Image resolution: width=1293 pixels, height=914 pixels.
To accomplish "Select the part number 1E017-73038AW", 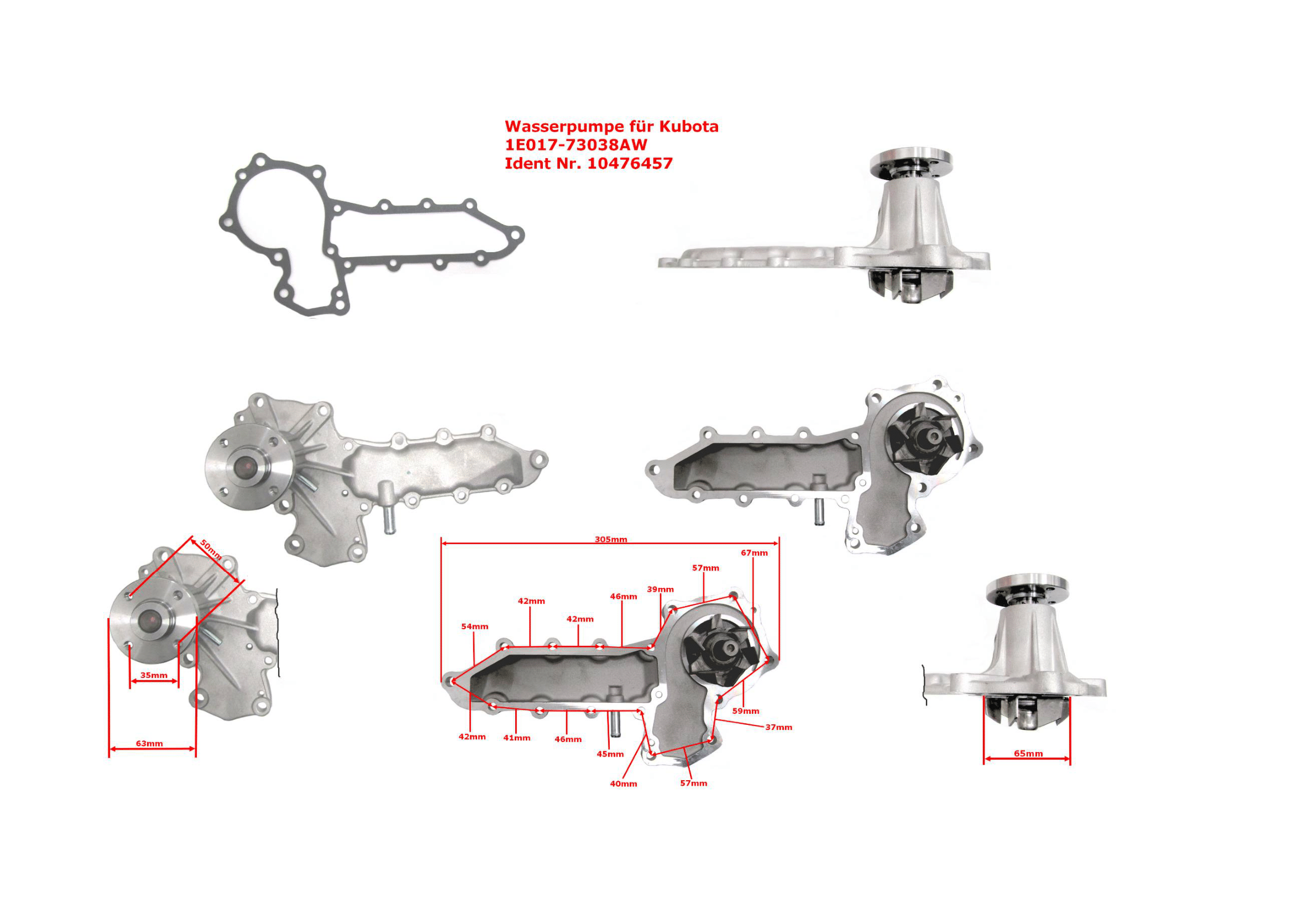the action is point(575,145).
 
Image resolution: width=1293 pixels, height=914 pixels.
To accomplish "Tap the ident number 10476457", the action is point(630,163).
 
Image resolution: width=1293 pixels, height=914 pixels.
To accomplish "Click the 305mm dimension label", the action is point(610,539).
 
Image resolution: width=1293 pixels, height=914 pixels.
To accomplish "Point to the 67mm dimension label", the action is point(754,552).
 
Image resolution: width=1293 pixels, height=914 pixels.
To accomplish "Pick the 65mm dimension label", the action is point(1028,754).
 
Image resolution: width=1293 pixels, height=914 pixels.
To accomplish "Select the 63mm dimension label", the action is point(149,743).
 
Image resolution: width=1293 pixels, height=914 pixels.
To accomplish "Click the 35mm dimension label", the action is point(154,675).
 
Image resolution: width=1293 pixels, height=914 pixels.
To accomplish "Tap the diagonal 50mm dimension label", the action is point(211,550).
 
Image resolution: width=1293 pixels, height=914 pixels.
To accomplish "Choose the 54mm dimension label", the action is point(475,626).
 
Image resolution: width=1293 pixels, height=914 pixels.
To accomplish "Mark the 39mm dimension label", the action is point(660,589).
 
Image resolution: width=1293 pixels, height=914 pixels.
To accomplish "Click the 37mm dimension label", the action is point(778,727).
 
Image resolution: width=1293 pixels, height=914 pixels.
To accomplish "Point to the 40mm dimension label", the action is point(624,784).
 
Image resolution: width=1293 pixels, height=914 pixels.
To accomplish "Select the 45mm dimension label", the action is point(610,754).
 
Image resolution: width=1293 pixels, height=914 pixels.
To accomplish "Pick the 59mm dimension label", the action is point(746,711).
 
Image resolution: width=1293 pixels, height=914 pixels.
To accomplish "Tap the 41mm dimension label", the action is point(516,737).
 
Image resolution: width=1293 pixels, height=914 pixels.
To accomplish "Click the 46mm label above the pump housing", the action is point(624,597).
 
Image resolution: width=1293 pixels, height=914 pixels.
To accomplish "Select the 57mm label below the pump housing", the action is point(693,783).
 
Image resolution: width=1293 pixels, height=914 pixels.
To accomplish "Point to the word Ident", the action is point(524,163).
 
